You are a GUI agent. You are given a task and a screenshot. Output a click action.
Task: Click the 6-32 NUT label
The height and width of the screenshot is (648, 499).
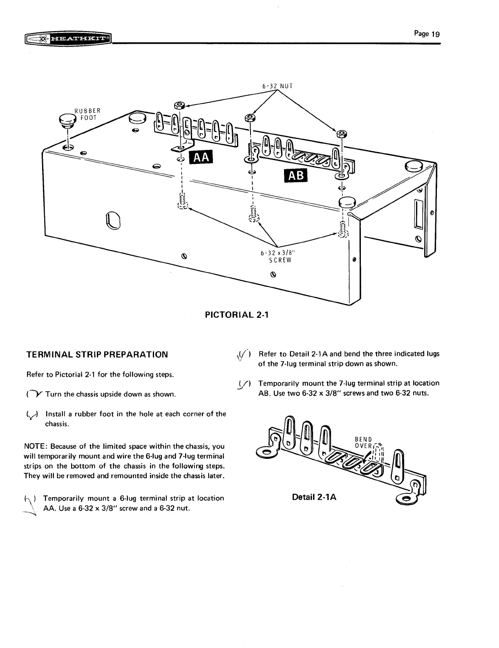pos(277,86)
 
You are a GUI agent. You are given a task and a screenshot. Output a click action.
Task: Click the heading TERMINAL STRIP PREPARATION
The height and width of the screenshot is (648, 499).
pos(97,354)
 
